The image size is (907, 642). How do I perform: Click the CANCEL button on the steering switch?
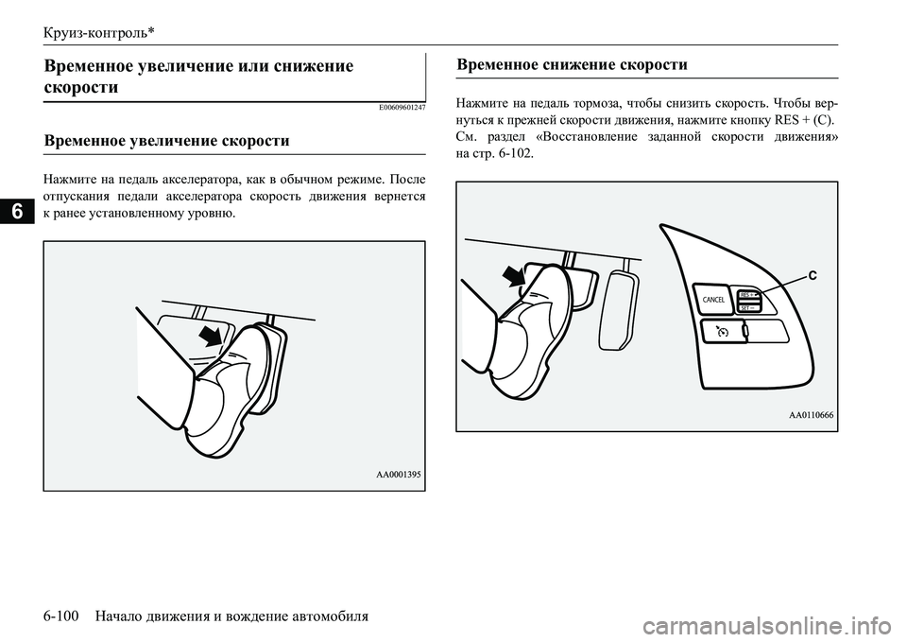[713, 299]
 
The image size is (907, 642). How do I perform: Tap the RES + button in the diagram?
[750, 294]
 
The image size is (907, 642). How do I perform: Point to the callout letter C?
[811, 275]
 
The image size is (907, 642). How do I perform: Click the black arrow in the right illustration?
[514, 275]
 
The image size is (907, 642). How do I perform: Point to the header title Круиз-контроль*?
[98, 32]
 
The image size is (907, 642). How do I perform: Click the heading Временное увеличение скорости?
[166, 141]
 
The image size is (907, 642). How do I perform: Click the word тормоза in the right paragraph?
[592, 103]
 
